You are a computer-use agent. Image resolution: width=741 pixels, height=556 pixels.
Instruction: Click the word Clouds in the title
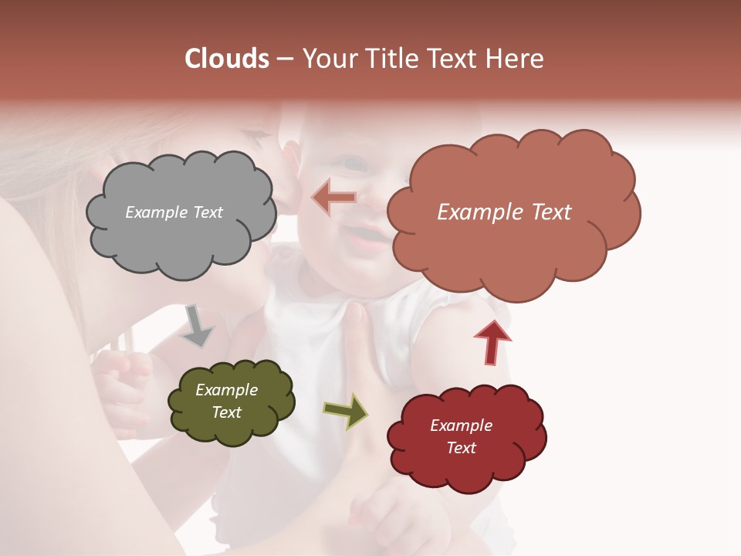click(226, 59)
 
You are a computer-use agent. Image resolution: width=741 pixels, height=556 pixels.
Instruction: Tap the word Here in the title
click(516, 59)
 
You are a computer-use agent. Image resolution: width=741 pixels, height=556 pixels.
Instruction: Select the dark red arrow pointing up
click(492, 341)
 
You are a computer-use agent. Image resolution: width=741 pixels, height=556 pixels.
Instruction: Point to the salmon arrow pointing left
click(334, 198)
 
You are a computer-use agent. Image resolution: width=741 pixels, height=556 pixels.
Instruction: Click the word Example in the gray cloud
click(153, 212)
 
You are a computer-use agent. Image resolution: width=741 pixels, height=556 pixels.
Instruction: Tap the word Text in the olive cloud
click(227, 412)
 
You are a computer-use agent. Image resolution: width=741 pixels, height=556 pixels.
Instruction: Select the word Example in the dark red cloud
click(461, 425)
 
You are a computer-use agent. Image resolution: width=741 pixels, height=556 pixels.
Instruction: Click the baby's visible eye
click(354, 164)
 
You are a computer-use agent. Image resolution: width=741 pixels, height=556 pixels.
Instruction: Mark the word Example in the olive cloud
click(227, 390)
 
